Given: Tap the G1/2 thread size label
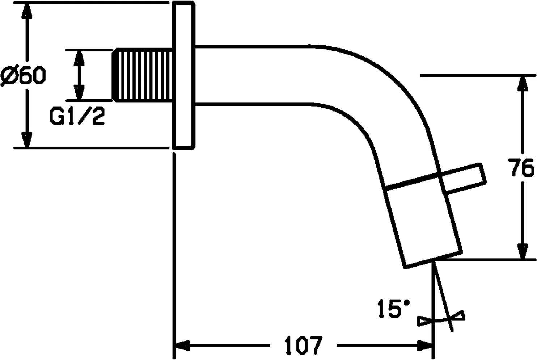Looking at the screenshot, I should [77, 116].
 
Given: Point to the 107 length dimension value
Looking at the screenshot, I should [303, 345].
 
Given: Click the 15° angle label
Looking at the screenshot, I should [393, 308].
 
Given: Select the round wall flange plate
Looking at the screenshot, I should [184, 75].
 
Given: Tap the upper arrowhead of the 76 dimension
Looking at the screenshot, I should [521, 85].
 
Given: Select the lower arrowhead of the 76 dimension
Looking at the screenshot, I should [521, 250].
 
